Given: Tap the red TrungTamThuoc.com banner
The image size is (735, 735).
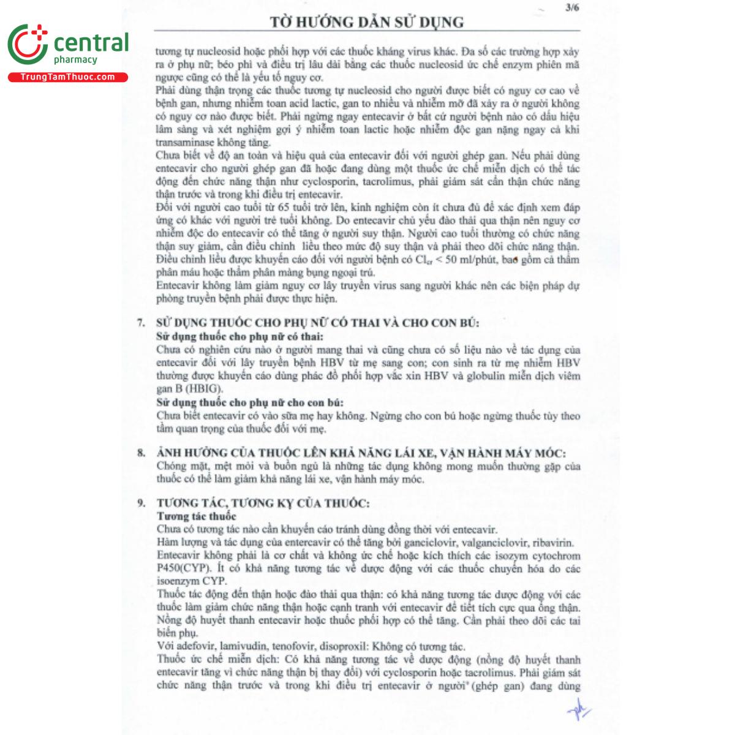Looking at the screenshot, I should (67, 77).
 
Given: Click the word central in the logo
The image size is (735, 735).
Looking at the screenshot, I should (91, 43).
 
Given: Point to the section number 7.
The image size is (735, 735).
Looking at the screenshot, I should (141, 323).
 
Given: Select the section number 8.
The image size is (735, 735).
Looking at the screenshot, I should (141, 453).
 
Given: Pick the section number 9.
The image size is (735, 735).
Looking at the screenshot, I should (141, 503).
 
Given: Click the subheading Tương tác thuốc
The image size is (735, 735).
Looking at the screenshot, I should (196, 516).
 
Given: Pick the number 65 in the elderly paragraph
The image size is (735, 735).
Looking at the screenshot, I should (284, 208).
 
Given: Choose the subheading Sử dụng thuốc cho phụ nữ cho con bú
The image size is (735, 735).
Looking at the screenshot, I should (249, 402).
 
